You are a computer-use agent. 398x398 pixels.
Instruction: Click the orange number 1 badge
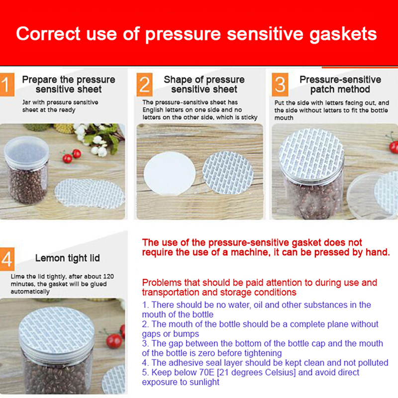[7, 85]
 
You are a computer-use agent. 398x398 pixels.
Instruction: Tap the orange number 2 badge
[144, 85]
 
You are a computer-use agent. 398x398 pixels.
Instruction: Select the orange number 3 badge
[280, 85]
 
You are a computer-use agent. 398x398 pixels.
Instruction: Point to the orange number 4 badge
[7, 259]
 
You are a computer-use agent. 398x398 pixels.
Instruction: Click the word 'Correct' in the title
[48, 33]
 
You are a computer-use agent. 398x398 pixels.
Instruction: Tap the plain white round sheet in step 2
[170, 173]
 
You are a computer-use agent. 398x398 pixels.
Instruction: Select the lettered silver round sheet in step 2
[228, 173]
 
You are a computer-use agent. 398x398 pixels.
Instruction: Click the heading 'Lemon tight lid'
[68, 258]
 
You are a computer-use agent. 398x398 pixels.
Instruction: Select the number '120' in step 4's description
[108, 276]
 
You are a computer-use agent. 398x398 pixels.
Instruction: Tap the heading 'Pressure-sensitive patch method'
[340, 84]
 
